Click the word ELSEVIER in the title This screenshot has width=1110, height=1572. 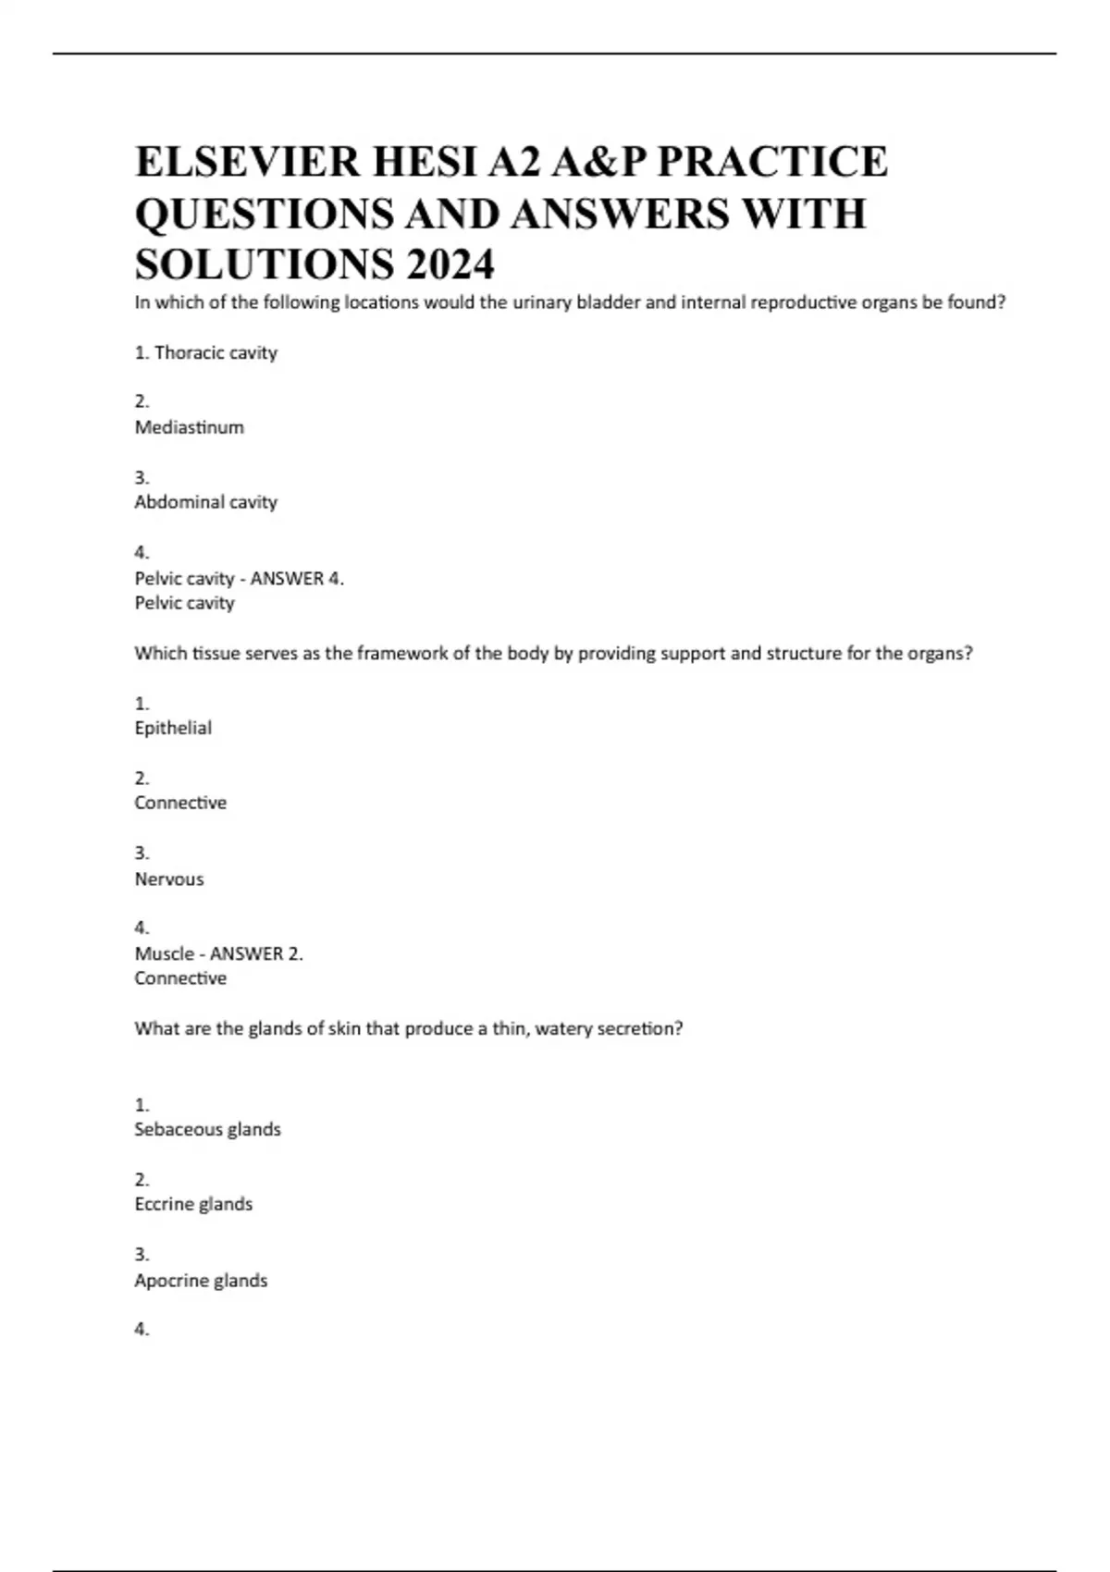[x=247, y=162]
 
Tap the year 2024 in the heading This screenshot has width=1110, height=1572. [x=450, y=265]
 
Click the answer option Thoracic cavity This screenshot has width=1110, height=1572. [x=216, y=352]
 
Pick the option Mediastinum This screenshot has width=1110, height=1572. [x=190, y=427]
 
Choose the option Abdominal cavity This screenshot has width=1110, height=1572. [x=206, y=502]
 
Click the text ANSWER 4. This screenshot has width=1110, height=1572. [x=297, y=578]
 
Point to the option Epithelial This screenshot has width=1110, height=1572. [x=173, y=728]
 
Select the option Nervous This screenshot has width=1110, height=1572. [x=169, y=878]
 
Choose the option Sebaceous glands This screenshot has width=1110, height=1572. [x=207, y=1129]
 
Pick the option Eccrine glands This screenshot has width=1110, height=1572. [x=193, y=1204]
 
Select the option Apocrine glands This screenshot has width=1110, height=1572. [x=201, y=1280]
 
